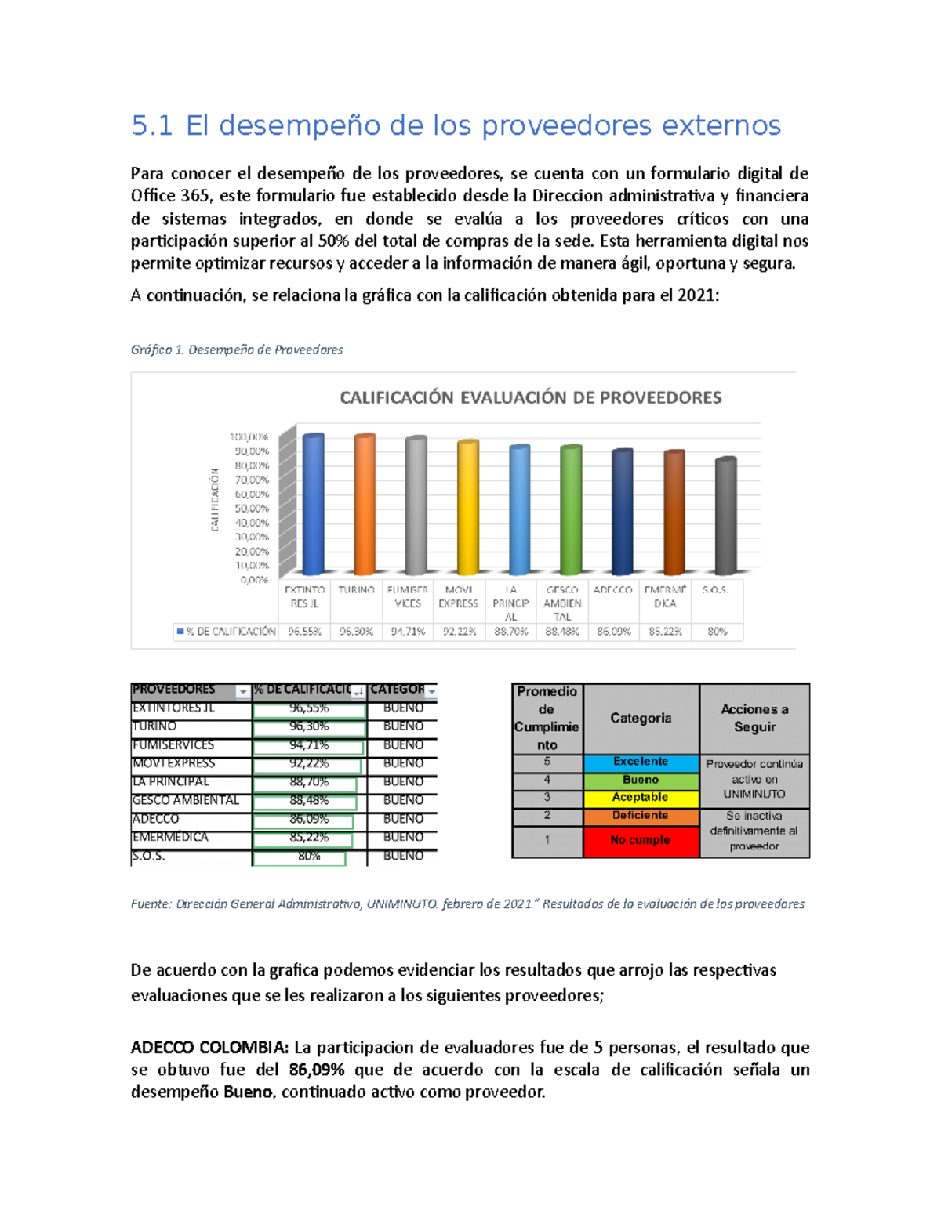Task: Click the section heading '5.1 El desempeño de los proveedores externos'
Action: coord(456,125)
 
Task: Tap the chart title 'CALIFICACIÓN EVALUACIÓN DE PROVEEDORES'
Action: coord(530,397)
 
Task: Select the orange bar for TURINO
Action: coord(365,505)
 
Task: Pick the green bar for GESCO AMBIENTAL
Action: coord(571,510)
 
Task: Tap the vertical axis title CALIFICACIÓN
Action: coord(215,500)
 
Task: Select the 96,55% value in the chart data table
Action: coord(304,631)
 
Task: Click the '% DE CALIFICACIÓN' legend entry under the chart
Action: coord(227,631)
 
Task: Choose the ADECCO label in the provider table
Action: coord(155,819)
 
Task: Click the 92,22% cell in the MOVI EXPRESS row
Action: coord(309,763)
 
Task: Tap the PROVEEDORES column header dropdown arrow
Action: coord(242,691)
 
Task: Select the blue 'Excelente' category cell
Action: coord(641,762)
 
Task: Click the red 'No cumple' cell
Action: coord(641,840)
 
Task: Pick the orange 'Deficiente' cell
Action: coord(641,816)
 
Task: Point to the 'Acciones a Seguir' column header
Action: coord(754,718)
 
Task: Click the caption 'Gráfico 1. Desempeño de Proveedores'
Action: coord(237,350)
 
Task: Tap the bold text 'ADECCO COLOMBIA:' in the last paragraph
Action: coord(209,1048)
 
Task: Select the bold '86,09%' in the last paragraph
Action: coord(316,1070)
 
